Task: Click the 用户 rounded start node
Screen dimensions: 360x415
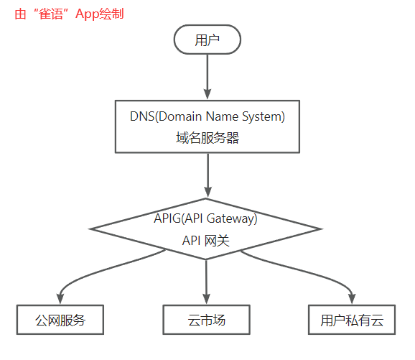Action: point(207,40)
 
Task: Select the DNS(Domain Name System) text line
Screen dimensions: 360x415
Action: point(207,116)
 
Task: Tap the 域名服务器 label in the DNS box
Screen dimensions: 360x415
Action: point(207,138)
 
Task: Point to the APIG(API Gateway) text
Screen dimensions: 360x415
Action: point(205,218)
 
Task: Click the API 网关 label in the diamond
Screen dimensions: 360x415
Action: point(206,241)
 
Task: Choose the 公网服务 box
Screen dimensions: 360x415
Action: point(60,320)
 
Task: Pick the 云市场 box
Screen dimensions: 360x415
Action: point(206,320)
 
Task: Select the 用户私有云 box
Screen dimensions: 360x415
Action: point(353,320)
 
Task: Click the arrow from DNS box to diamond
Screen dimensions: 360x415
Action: point(207,175)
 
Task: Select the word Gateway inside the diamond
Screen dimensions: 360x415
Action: point(234,218)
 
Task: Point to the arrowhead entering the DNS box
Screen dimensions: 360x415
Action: point(207,93)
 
